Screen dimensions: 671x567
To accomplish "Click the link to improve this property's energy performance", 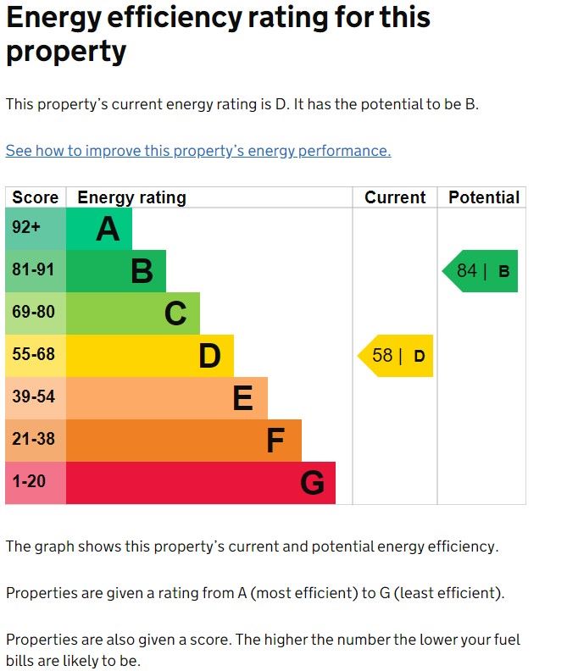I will tap(198, 151).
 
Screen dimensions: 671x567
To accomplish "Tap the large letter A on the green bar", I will tap(108, 229).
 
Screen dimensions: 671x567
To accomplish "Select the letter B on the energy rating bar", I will tap(142, 271).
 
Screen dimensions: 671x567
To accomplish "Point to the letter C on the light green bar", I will tap(175, 313).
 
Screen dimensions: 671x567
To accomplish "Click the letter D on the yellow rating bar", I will tap(209, 356).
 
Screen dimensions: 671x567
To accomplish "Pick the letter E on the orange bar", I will tap(242, 398).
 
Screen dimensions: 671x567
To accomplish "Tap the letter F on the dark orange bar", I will tap(275, 441).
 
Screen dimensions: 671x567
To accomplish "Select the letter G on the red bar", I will tap(312, 483).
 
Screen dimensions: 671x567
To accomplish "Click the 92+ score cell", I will tap(26, 228).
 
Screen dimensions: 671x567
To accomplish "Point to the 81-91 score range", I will tap(33, 270).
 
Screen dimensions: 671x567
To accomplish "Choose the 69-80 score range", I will tap(33, 313).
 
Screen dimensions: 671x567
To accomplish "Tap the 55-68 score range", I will tap(33, 355).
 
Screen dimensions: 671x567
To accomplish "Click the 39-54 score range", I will tap(33, 397).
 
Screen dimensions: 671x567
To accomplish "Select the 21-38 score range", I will tap(33, 440).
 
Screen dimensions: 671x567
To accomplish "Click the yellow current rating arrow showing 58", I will tap(397, 356).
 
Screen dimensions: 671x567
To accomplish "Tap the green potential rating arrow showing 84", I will tap(481, 271).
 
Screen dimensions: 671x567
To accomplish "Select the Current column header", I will tap(395, 197).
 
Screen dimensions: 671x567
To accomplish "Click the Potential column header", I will tap(483, 197).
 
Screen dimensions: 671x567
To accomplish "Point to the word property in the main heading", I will tap(66, 52).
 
